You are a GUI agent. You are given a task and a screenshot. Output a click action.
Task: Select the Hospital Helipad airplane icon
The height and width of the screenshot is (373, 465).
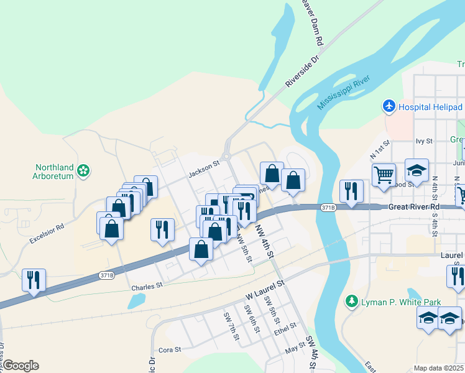pos(390,106)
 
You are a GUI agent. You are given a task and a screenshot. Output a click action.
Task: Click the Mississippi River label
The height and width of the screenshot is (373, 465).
pos(344,92)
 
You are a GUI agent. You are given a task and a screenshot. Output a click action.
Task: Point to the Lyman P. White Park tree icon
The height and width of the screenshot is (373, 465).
pos(352,302)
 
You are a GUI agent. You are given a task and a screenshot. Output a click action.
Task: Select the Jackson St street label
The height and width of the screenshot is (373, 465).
pos(204,169)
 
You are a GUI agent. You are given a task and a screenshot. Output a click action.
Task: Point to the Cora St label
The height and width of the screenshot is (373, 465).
pos(169,350)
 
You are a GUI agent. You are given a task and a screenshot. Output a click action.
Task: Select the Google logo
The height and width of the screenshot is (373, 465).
pos(21,366)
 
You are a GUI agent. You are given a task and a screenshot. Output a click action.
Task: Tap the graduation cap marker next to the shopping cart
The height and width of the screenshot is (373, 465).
pos(417,170)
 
